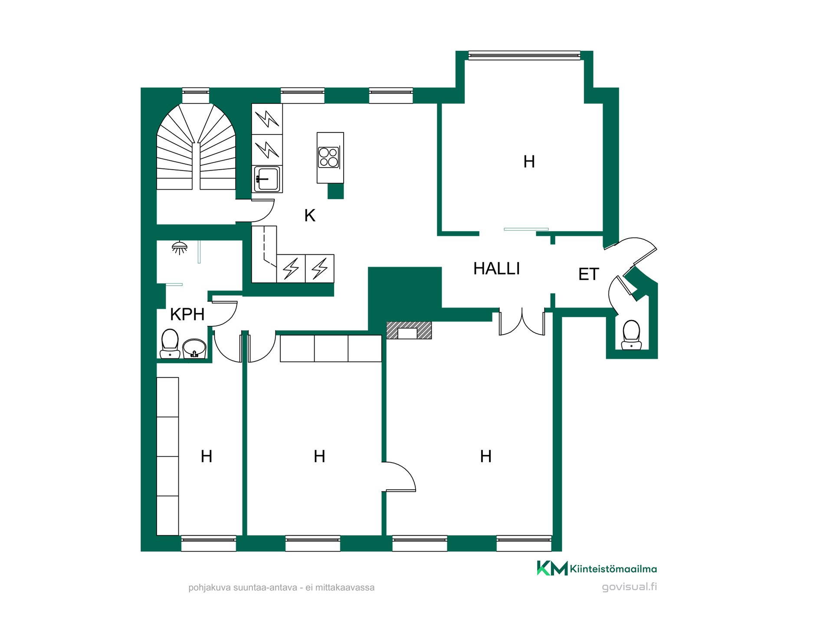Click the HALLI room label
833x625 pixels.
(x=496, y=269)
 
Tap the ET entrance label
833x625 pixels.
(x=589, y=274)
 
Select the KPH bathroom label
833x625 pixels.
(x=187, y=314)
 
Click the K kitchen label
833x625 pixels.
(x=309, y=215)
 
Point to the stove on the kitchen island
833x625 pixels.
(x=328, y=157)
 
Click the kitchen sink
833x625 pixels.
(x=267, y=178)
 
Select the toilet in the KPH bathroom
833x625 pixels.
(x=170, y=344)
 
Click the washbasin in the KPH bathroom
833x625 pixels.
(x=194, y=349)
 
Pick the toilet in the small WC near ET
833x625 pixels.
(x=631, y=335)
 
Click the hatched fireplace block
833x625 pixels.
(x=409, y=330)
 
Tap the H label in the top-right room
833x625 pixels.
(x=529, y=162)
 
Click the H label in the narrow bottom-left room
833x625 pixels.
(x=207, y=457)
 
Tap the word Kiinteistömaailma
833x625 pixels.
(x=613, y=569)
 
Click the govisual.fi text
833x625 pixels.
(x=630, y=587)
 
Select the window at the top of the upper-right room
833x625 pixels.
(x=524, y=55)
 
